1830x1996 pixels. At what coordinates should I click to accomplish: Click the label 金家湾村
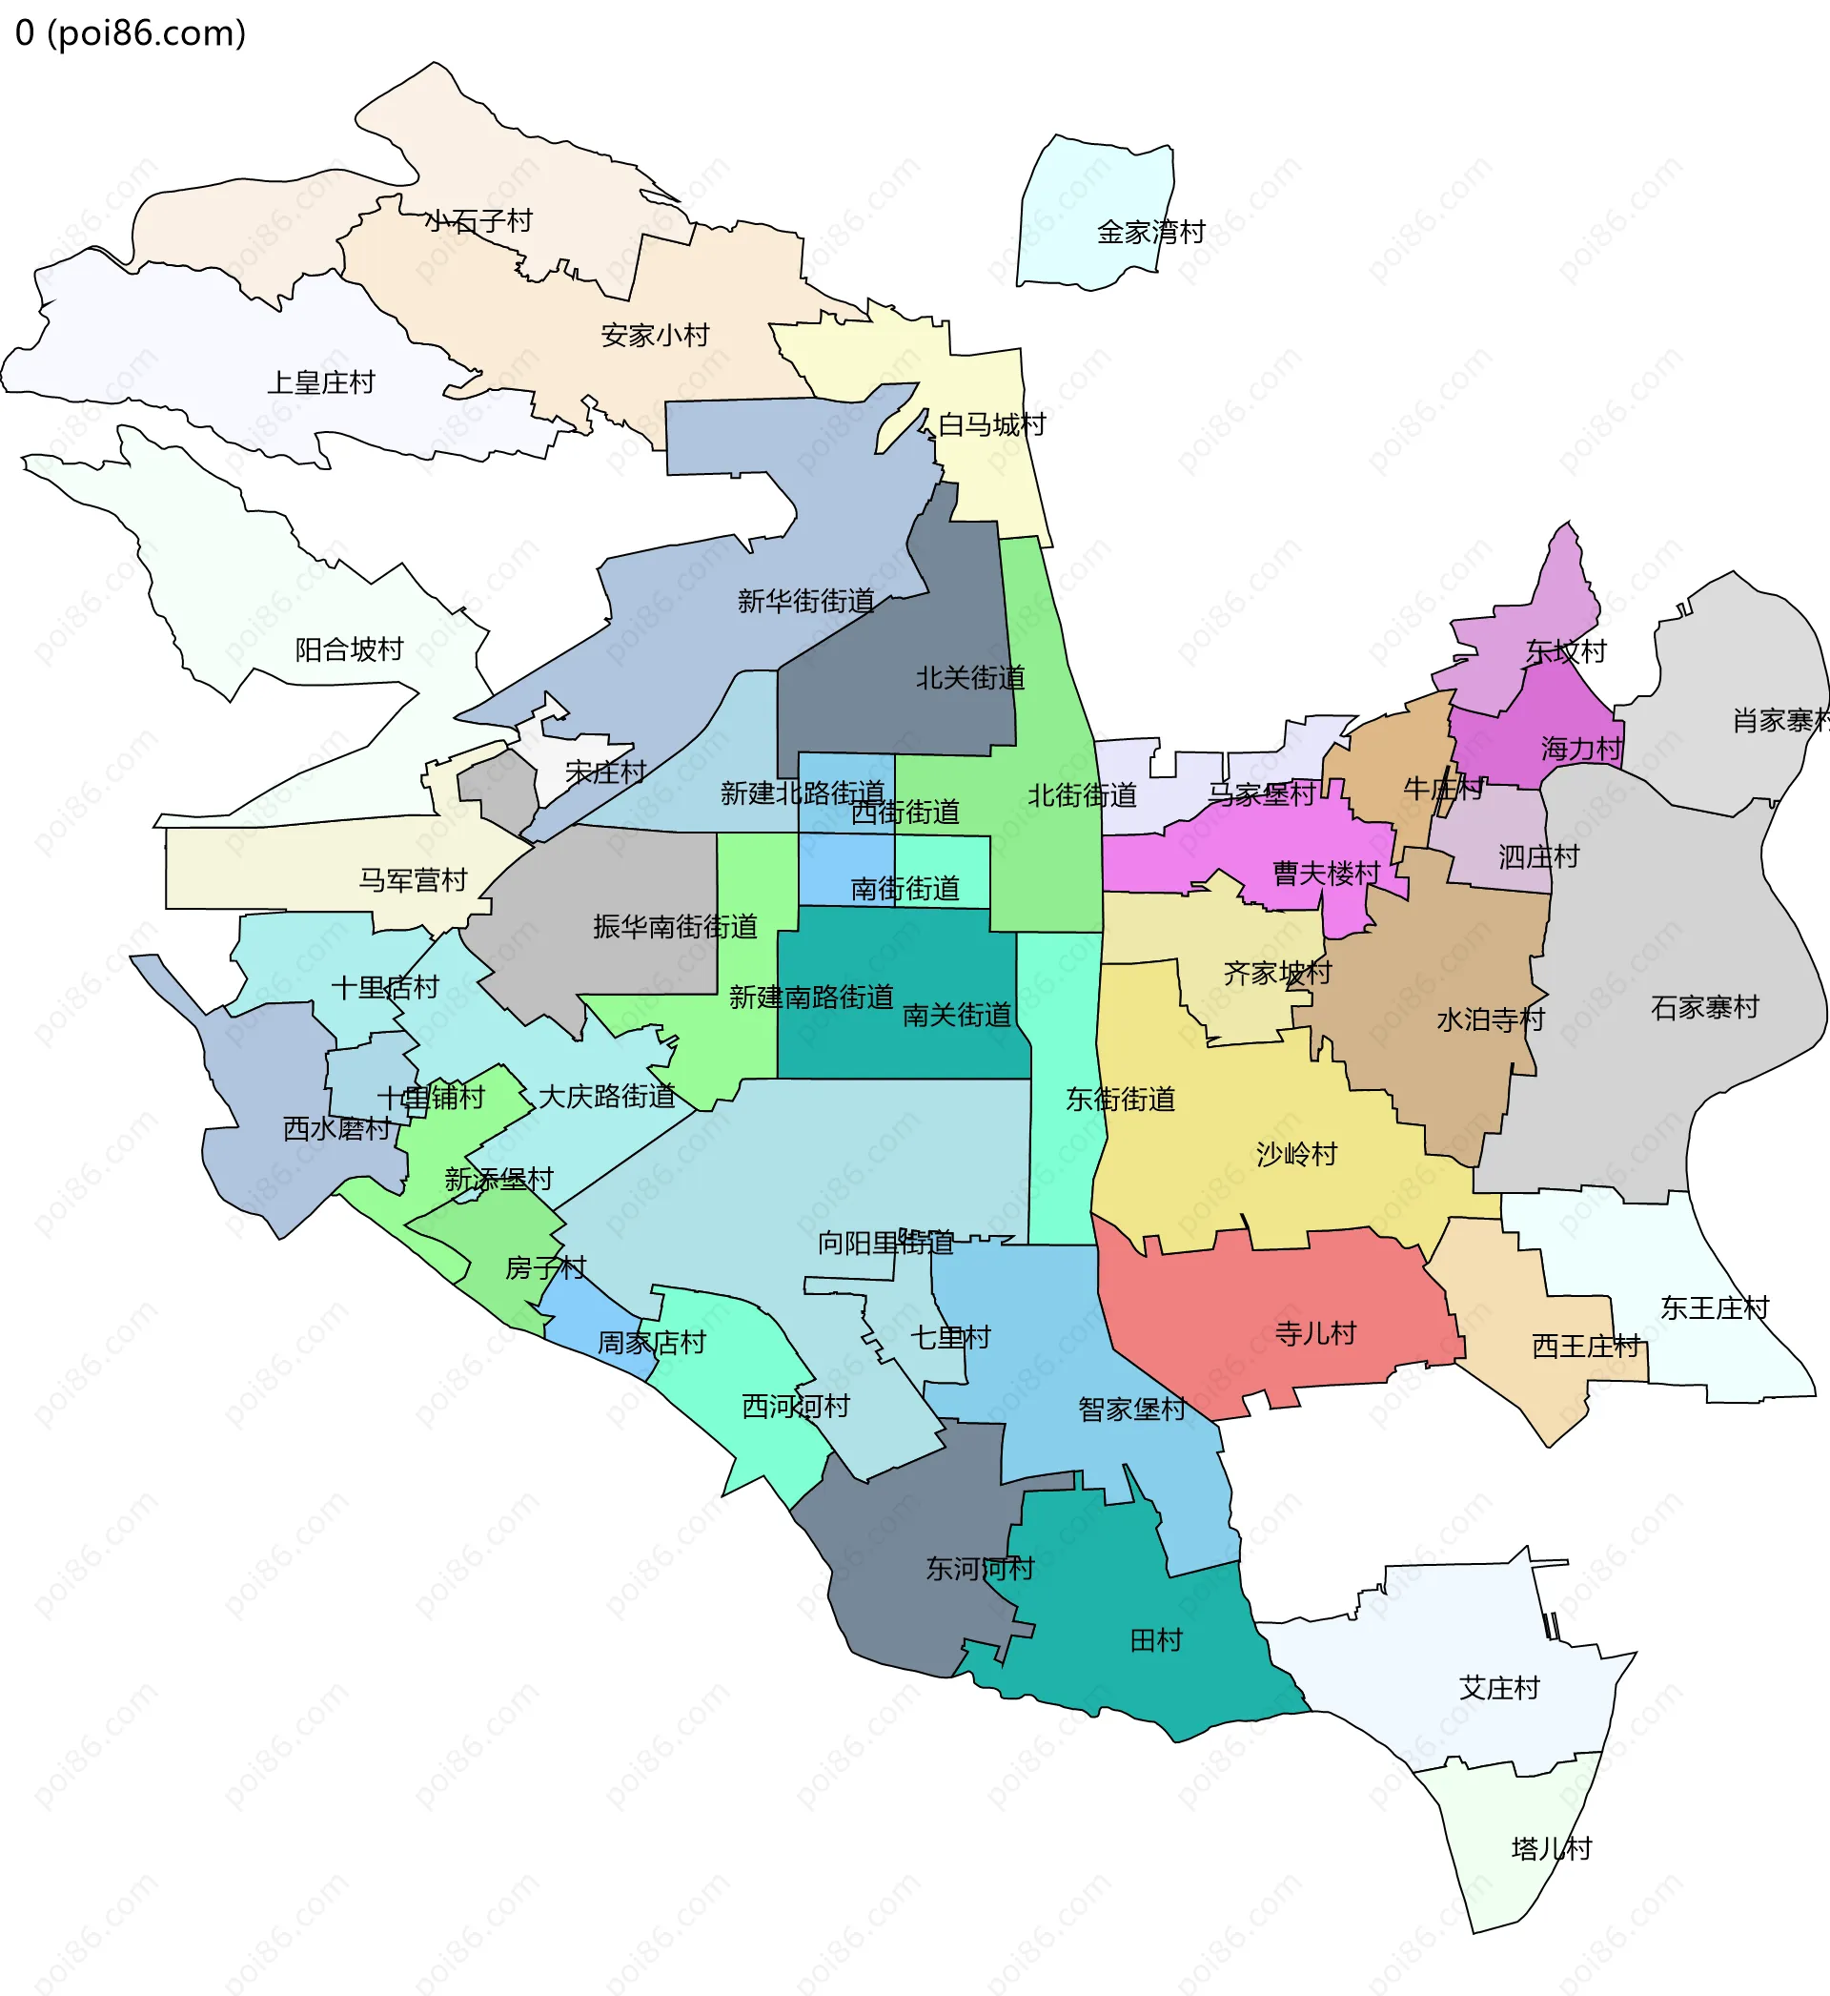tap(1150, 233)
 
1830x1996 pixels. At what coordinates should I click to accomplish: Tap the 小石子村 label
tap(478, 221)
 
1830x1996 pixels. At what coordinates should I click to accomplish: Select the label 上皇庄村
tap(321, 383)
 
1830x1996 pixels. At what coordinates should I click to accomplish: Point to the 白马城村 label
tap(991, 425)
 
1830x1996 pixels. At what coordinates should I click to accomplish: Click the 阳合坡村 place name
tap(349, 649)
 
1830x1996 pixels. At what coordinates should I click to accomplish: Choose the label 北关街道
tap(969, 679)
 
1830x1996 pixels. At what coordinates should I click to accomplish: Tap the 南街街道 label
tap(905, 889)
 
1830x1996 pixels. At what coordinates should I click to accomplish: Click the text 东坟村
tap(1565, 651)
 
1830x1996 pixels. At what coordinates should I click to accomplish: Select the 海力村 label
tap(1581, 749)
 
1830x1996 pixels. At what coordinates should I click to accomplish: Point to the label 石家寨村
tap(1704, 1007)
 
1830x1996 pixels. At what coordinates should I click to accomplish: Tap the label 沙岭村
tap(1296, 1154)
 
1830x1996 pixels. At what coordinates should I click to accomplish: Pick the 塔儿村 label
tap(1551, 1848)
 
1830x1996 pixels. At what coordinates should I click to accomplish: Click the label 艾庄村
tap(1499, 1688)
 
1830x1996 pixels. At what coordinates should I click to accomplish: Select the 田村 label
tap(1155, 1640)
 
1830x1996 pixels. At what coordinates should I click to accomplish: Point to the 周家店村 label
tap(651, 1343)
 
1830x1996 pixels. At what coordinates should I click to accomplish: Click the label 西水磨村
tap(336, 1129)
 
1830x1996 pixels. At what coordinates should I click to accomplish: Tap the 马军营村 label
tap(412, 880)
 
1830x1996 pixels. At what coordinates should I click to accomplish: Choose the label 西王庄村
tap(1585, 1347)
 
